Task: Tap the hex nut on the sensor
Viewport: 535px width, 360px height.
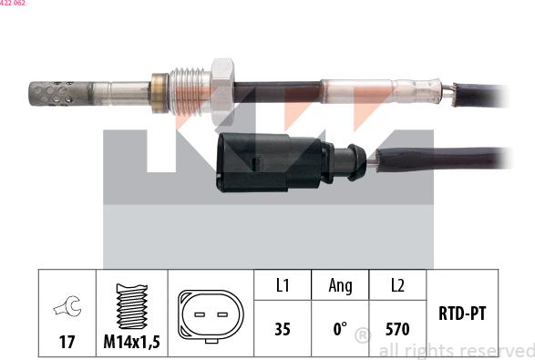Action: (222, 92)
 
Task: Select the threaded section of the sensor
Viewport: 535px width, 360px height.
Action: (190, 92)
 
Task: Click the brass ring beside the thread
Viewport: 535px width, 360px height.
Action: (160, 93)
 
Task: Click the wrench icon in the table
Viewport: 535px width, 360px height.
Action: (67, 305)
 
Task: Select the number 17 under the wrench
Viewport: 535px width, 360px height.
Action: (67, 342)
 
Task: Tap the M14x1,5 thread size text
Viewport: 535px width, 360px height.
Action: (132, 342)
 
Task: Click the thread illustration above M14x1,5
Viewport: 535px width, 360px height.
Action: (132, 306)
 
